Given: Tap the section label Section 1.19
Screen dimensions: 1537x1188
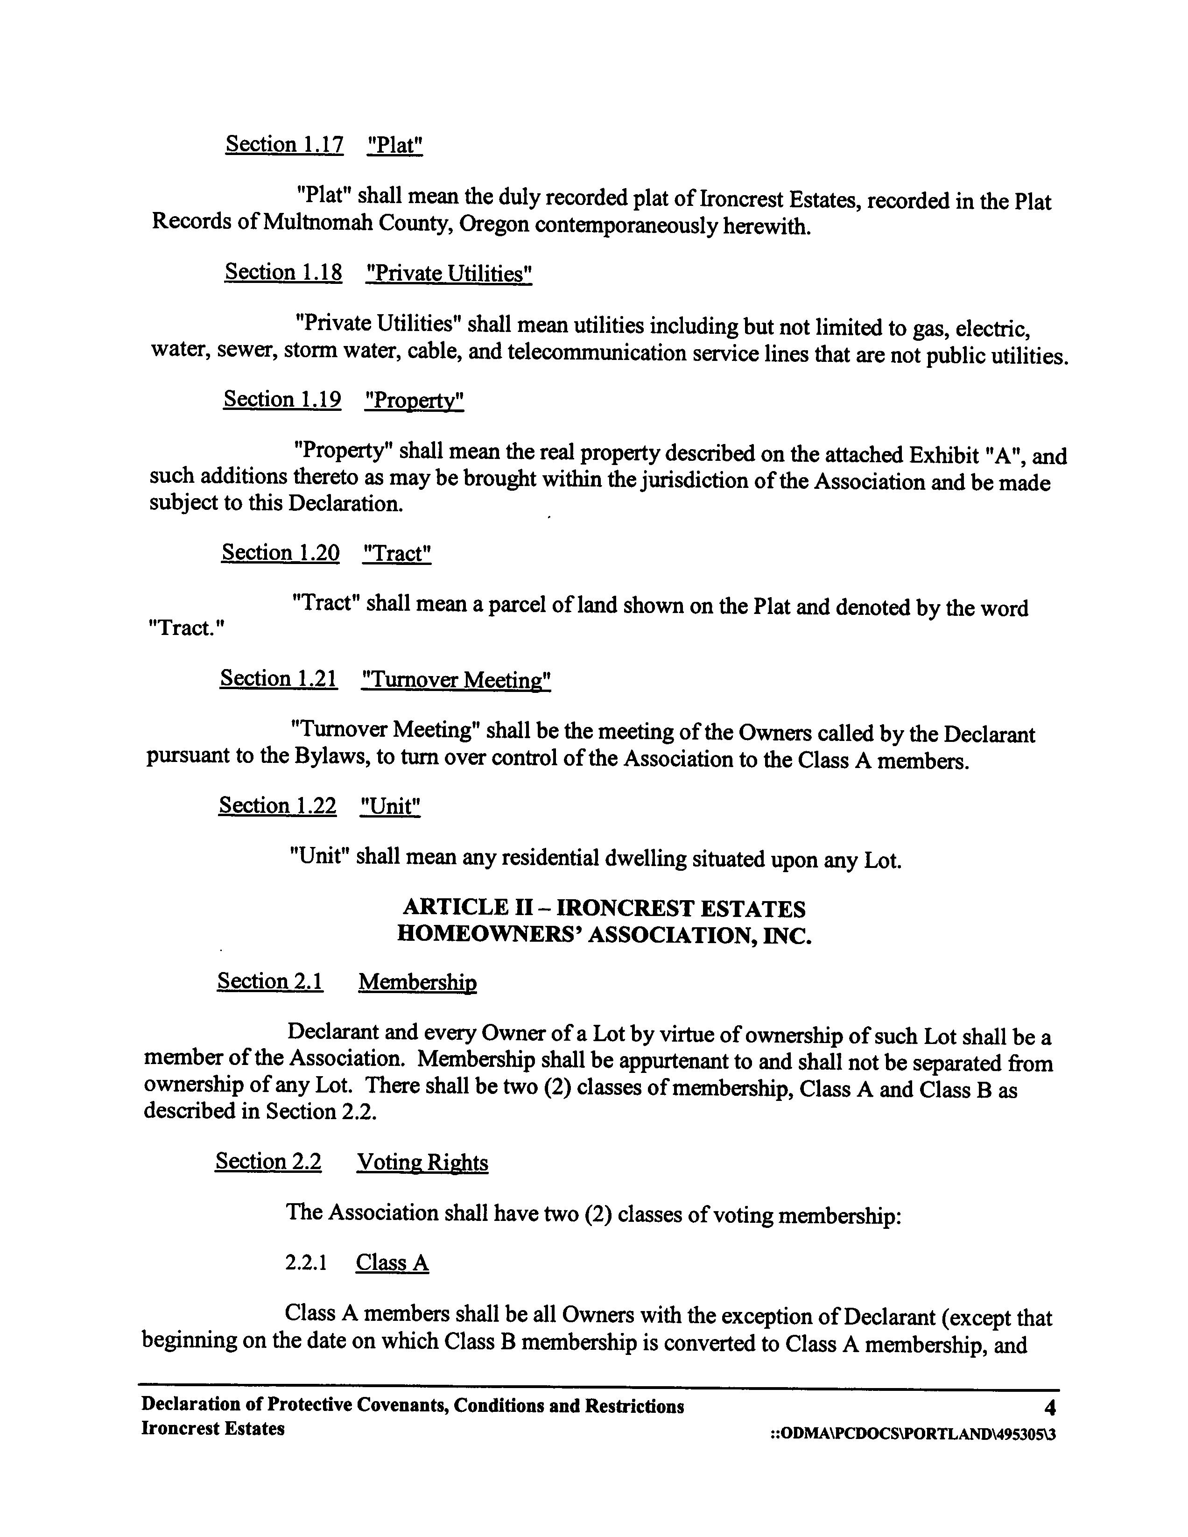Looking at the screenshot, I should pos(282,399).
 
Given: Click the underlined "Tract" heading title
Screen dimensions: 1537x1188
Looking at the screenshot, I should pos(397,553).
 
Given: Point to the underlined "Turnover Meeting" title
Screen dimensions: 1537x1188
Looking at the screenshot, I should pos(455,680).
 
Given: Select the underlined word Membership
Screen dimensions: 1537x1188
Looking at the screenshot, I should pos(417,982).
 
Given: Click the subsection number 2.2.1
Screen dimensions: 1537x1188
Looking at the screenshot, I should pos(306,1262).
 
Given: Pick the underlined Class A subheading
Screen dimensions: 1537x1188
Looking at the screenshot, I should pos(392,1262).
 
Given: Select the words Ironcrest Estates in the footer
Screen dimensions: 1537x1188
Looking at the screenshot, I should pos(212,1429).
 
